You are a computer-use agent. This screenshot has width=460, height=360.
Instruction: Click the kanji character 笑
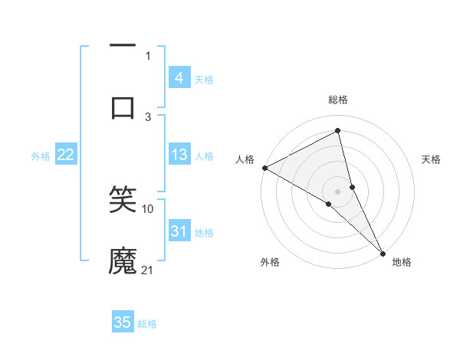(x=123, y=200)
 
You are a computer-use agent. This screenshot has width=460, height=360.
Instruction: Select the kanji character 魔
(x=123, y=260)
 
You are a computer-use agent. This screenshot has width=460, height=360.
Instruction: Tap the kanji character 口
(x=123, y=106)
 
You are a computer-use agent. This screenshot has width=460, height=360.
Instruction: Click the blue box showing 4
(x=179, y=77)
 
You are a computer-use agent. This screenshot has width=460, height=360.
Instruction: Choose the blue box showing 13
(x=179, y=155)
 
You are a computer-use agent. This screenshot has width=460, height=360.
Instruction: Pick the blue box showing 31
(x=179, y=231)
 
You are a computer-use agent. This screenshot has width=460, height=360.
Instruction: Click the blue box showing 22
(x=66, y=155)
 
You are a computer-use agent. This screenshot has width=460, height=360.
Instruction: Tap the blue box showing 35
(x=123, y=322)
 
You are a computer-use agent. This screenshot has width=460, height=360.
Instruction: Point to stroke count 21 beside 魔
(x=148, y=270)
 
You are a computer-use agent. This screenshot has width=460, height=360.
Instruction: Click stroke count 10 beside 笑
(x=148, y=208)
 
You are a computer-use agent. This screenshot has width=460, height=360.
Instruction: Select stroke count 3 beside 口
(x=148, y=116)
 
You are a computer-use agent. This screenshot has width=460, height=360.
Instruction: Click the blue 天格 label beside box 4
(x=204, y=79)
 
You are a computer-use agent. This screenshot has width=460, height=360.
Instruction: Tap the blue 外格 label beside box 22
(x=41, y=155)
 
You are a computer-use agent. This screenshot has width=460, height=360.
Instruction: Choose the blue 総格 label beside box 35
(x=148, y=324)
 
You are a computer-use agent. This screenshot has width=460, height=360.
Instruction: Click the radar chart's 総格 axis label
(x=338, y=100)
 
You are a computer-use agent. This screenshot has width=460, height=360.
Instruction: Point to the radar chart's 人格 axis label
(x=245, y=159)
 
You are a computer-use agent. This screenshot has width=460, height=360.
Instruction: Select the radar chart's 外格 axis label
(x=269, y=262)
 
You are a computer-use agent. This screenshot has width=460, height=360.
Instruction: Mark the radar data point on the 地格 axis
(x=383, y=252)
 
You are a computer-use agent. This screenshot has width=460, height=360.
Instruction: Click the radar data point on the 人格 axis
(x=264, y=168)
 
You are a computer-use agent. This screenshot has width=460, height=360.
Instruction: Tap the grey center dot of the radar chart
(x=338, y=191)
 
